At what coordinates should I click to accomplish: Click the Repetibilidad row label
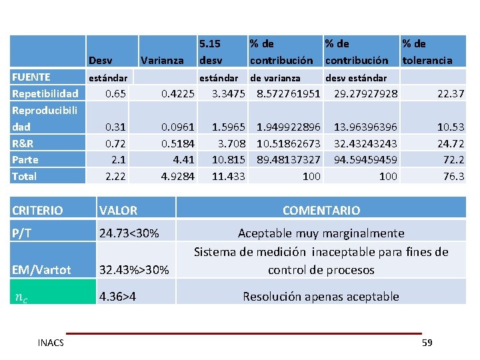[x=45, y=93]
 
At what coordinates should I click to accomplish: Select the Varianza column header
[x=163, y=60]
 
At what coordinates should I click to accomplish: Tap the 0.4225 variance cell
[x=177, y=93]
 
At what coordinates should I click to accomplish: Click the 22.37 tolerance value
[x=451, y=93]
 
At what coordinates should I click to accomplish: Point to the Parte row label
[x=25, y=159]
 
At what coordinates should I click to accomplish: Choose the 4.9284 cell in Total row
[x=177, y=176]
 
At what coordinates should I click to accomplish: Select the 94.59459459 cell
[x=365, y=159]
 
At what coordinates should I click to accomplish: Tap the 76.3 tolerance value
[x=453, y=176]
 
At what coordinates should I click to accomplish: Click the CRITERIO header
[x=37, y=211]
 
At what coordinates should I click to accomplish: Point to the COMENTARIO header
[x=321, y=211]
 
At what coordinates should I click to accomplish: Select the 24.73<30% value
[x=129, y=233]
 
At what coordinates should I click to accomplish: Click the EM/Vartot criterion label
[x=41, y=270]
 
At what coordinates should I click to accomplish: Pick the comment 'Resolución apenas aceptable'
[x=321, y=297]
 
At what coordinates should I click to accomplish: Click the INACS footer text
[x=51, y=343]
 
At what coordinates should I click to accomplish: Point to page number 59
[x=427, y=343]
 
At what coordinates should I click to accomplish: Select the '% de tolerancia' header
[x=427, y=52]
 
